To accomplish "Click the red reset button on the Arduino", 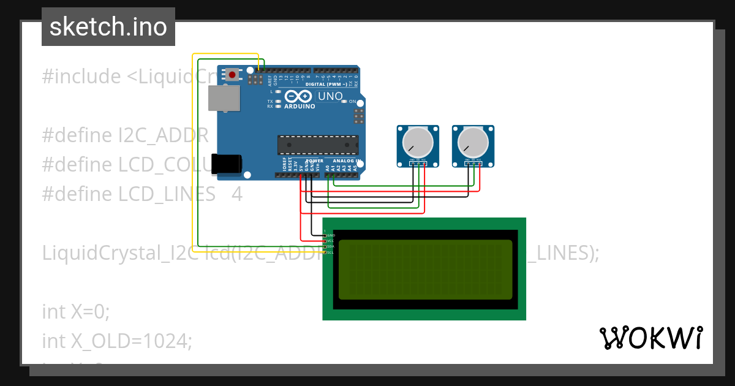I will point(232,75).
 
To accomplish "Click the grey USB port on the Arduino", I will point(224,98).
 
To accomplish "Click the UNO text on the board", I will point(330,96).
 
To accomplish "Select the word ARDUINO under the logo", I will point(300,106).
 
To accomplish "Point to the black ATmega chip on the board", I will point(318,145).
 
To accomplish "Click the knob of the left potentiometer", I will point(418,143).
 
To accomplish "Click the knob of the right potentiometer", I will point(473,143).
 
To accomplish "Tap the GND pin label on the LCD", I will point(331,235).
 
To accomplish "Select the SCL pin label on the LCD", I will point(330,252).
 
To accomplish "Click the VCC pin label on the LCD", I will point(330,241).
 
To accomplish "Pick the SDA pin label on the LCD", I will point(330,247).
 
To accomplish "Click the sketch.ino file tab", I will point(108,27).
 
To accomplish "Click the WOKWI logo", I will point(651,338).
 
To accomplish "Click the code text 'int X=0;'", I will point(76,311).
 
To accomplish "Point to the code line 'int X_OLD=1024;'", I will point(117,341).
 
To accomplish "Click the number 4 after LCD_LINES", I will point(237,194).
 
